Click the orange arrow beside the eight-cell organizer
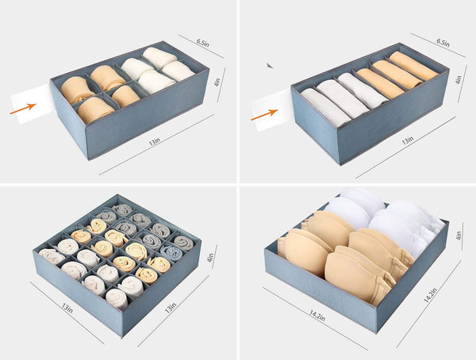coord(23,108)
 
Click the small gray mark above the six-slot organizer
coord(270,66)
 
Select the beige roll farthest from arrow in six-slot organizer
coord(413,66)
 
